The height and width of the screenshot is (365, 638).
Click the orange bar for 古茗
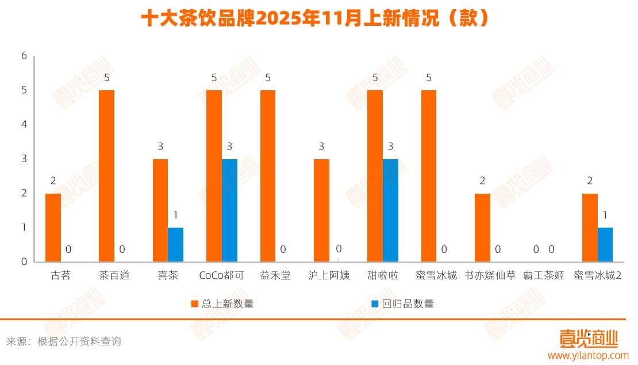(53, 228)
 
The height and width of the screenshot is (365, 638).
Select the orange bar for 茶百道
(106, 176)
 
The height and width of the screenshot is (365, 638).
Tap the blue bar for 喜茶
(175, 245)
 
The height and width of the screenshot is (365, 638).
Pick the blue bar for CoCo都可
(229, 210)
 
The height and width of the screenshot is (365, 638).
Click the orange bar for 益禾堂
(267, 176)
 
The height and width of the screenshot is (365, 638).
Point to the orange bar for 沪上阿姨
(321, 210)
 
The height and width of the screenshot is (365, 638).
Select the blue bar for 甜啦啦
(390, 210)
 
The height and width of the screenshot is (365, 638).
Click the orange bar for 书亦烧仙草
(482, 228)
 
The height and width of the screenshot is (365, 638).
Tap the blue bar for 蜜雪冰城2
(605, 245)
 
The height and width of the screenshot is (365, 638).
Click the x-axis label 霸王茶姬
(543, 276)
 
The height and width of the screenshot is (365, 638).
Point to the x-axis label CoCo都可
(221, 276)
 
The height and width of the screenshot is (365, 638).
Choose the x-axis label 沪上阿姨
(329, 276)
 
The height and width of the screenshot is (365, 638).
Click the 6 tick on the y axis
(24, 56)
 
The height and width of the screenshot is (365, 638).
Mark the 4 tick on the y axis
(24, 125)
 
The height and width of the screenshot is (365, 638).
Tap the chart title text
(318, 19)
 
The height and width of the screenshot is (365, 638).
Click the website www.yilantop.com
(588, 356)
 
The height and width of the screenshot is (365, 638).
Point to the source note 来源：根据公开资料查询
(64, 341)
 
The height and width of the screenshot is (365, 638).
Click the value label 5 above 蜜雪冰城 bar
(429, 78)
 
